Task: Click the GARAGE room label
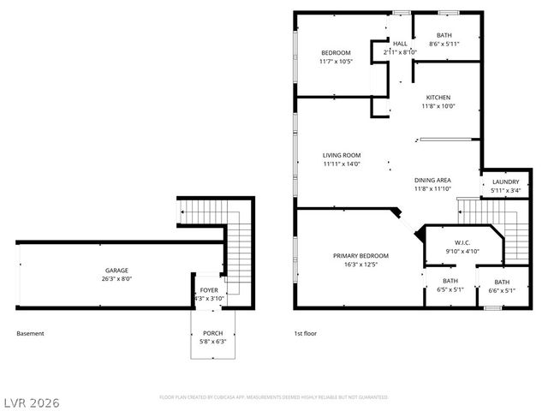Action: (x=117, y=270)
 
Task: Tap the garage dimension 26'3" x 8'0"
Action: (x=117, y=279)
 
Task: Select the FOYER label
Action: (x=209, y=290)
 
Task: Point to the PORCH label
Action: (x=212, y=333)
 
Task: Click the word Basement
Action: (x=30, y=333)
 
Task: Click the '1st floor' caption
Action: (x=306, y=333)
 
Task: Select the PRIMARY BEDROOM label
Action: (x=360, y=256)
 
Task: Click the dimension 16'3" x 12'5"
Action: (x=360, y=265)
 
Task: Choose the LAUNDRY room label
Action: (x=505, y=182)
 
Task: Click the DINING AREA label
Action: (x=432, y=180)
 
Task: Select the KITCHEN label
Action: (x=438, y=98)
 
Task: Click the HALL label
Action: (x=400, y=43)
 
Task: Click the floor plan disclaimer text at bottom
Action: (x=274, y=397)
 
